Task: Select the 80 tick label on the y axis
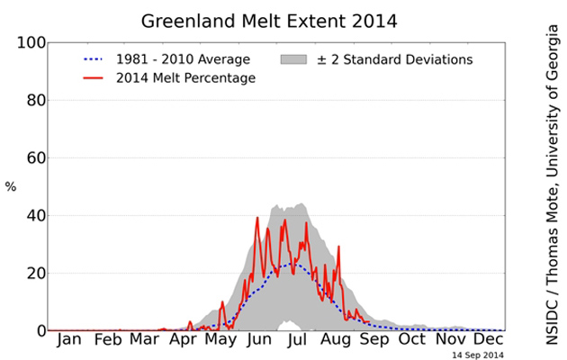coord(31,101)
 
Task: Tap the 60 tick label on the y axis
coord(31,158)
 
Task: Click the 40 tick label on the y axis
coord(31,216)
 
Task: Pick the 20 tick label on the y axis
coord(31,274)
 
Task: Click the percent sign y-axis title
coord(10,187)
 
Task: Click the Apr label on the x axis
coord(183,343)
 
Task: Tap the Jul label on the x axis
coord(298,343)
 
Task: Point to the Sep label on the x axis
coord(374,343)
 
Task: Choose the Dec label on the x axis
coord(488,343)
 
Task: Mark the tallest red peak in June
coord(257,218)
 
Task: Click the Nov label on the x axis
coord(451,343)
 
